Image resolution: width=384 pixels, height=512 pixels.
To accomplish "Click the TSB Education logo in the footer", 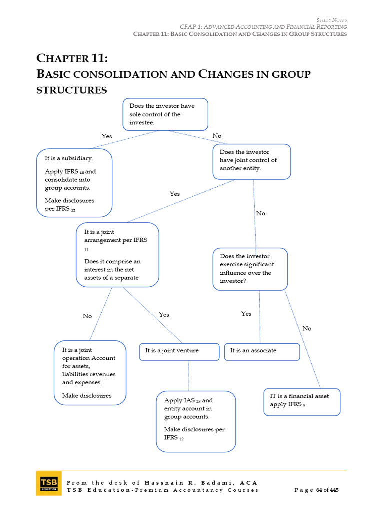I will tap(48, 483).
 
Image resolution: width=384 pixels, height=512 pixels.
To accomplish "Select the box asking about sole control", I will tap(165, 114).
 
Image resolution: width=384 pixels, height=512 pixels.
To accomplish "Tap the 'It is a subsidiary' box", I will tap(74, 183).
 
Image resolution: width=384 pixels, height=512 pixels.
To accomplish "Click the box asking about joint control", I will tap(252, 161).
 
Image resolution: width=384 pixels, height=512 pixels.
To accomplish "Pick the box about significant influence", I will tap(250, 269).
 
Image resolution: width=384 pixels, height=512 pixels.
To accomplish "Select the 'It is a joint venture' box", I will tap(179, 351).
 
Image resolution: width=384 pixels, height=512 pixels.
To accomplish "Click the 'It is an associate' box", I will tap(262, 351).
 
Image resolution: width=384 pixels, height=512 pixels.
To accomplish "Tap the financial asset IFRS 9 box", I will tap(302, 401).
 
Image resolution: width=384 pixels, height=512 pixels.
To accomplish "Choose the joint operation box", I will tap(90, 372).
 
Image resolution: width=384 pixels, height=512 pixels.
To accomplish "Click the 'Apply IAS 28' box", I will tap(196, 421).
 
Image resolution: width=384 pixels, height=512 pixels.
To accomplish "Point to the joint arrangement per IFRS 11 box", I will tap(118, 255).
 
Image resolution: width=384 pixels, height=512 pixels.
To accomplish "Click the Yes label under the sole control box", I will tap(107, 136).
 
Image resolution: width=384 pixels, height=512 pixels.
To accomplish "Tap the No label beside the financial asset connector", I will tap(307, 328).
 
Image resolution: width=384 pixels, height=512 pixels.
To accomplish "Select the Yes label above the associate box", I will tap(246, 314).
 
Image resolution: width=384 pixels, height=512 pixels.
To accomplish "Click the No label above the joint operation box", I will tap(87, 316).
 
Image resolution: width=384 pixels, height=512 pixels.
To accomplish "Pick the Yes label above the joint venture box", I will tap(164, 315).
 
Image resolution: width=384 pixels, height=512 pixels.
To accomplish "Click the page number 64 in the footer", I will tap(319, 490).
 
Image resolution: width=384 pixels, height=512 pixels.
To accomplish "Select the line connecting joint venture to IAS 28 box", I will tap(188, 375).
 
